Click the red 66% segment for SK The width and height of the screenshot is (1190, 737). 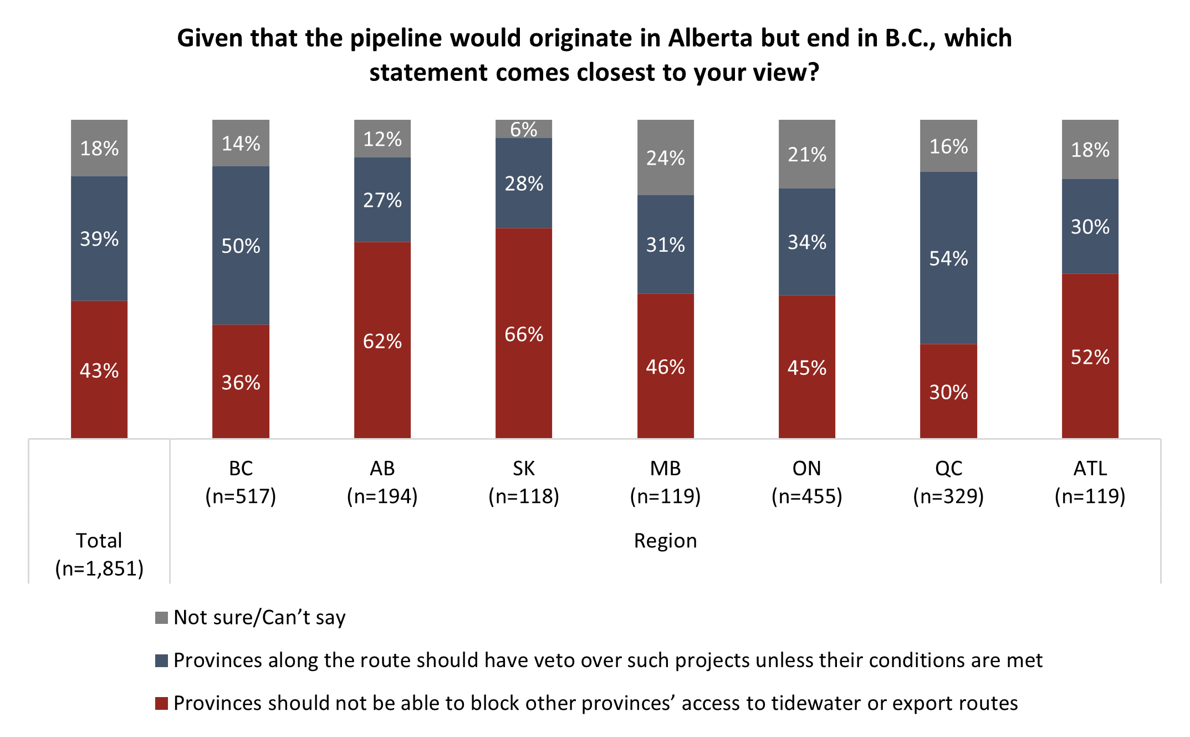[524, 333]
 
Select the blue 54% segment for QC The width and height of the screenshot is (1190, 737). [948, 258]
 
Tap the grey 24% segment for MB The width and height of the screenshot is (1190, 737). [665, 157]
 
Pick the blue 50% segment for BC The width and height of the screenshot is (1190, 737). [241, 245]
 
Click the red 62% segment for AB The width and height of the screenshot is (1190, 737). [382, 340]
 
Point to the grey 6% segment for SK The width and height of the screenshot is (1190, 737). [524, 129]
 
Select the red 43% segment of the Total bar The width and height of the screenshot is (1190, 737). [99, 369]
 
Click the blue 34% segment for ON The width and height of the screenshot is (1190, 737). [806, 242]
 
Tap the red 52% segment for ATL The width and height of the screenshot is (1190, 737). [1090, 356]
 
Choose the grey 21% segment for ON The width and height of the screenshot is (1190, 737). [806, 154]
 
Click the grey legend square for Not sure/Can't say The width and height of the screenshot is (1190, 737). [161, 617]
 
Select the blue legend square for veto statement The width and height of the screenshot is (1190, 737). [161, 660]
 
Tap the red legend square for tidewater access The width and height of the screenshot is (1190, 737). [161, 703]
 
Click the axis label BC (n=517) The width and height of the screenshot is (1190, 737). [241, 482]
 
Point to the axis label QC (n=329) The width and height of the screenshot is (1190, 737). [948, 482]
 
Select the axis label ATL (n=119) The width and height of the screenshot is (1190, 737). [1090, 482]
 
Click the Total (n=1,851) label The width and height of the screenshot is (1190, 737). [99, 554]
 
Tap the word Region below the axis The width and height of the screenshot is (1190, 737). [665, 541]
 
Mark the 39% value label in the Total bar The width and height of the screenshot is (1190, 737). [99, 239]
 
